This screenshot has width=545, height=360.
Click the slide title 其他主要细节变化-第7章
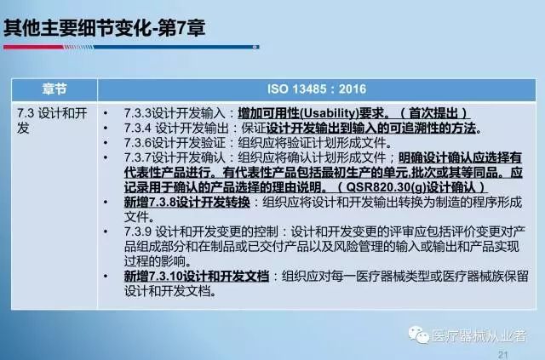(x=104, y=28)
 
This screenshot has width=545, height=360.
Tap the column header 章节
(x=54, y=89)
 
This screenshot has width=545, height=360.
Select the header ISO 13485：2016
(x=317, y=89)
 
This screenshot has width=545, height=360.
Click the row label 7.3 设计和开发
(x=52, y=121)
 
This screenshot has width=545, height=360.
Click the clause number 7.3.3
(x=138, y=113)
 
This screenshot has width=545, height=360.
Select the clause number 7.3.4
(x=138, y=129)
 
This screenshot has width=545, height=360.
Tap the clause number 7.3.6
(x=138, y=143)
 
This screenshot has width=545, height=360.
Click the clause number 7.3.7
(x=138, y=157)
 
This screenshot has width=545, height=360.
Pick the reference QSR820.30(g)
(x=386, y=187)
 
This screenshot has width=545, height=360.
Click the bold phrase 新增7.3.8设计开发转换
(x=187, y=203)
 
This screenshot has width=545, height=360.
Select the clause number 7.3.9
(x=138, y=231)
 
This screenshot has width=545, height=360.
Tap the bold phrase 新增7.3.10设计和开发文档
(x=197, y=277)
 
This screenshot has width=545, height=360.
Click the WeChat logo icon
(x=418, y=335)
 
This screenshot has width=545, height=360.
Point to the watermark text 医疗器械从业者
(x=479, y=336)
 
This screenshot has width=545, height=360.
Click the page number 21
(x=503, y=354)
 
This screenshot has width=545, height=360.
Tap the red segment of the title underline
(x=33, y=47)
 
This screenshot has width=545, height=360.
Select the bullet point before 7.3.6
(x=106, y=143)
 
